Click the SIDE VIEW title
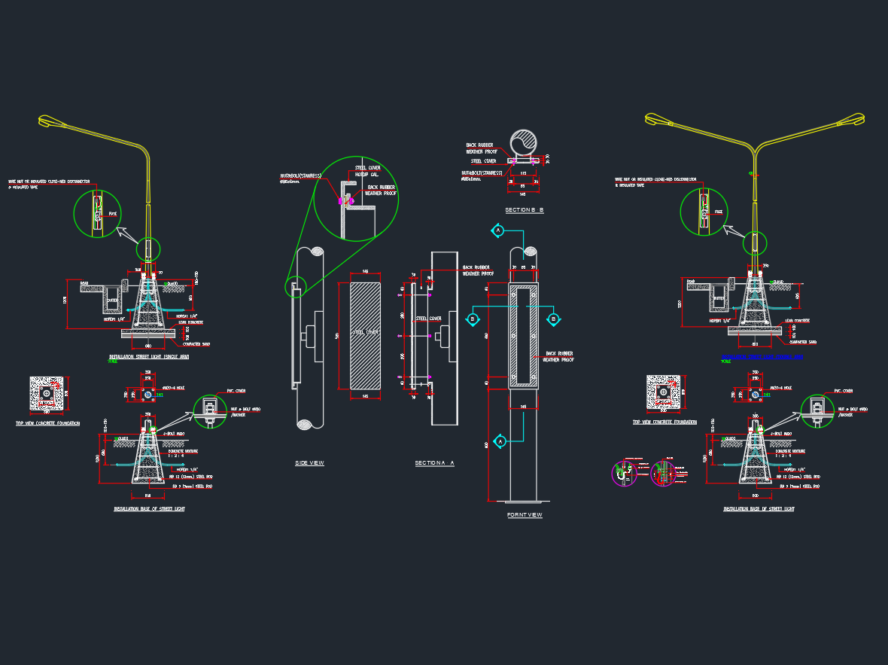click(x=309, y=462)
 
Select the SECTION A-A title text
click(x=434, y=463)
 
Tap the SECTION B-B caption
click(x=525, y=209)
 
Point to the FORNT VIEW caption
click(x=525, y=515)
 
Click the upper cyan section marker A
click(x=497, y=230)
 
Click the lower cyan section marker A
click(x=499, y=441)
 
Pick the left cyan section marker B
click(x=473, y=319)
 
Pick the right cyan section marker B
click(x=553, y=319)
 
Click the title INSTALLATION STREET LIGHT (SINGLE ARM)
click(x=149, y=356)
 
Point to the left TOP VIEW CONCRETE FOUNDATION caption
click(x=47, y=423)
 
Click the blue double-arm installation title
click(x=762, y=356)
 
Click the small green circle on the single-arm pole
click(x=149, y=249)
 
